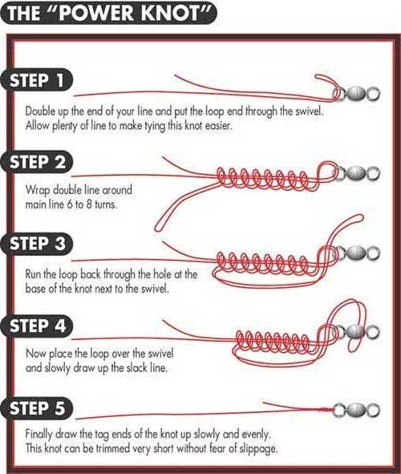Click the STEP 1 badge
point(37,80)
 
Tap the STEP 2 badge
point(37,162)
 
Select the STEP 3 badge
point(37,244)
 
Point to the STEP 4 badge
point(37,326)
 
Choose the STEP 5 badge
point(37,408)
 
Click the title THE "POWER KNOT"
point(109,14)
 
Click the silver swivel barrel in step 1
point(355,94)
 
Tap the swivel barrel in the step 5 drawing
point(355,410)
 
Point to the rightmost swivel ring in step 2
point(374,173)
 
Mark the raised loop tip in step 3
point(359,217)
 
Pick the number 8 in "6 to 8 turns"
point(89,205)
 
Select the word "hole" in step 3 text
point(160,274)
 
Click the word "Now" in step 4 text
point(35,354)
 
